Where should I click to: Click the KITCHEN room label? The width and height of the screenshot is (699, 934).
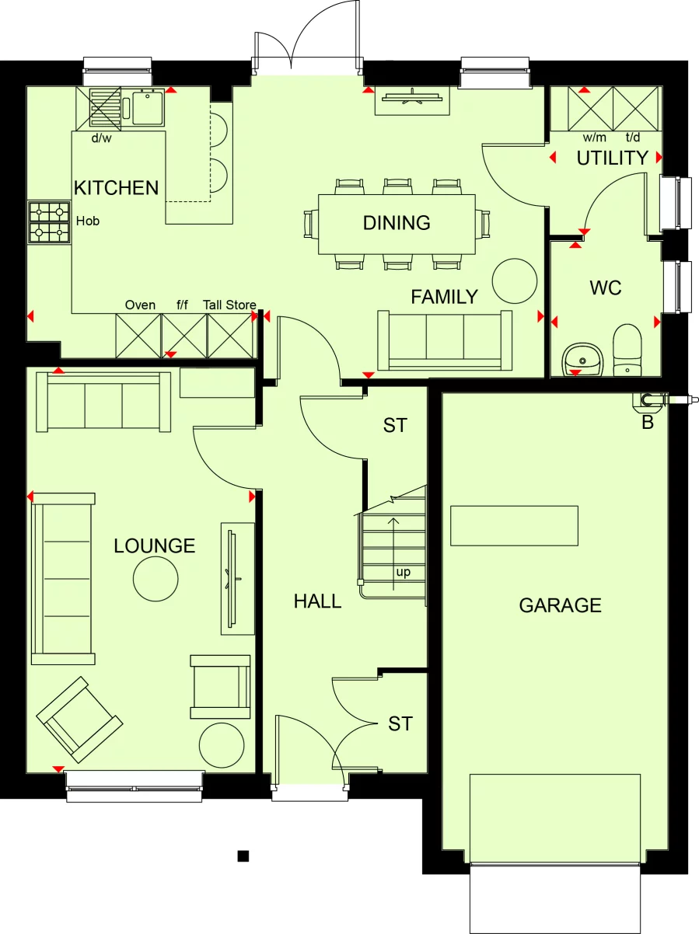[116, 187]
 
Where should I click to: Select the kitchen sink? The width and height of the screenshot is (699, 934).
[147, 108]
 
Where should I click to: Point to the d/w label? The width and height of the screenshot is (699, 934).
[102, 139]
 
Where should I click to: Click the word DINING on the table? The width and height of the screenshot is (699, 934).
[397, 223]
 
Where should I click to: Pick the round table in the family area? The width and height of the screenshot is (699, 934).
[515, 281]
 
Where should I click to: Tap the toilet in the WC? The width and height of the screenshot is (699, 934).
[627, 350]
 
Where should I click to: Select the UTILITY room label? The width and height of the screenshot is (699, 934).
[612, 158]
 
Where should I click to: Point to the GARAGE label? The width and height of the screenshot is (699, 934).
[560, 605]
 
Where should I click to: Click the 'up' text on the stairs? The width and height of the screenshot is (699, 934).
[404, 573]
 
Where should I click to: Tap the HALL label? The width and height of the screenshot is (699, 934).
[317, 601]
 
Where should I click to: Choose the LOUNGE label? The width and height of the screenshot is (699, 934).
[154, 546]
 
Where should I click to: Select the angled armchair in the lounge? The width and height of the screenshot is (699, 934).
[79, 719]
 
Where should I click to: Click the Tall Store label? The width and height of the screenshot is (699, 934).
[229, 305]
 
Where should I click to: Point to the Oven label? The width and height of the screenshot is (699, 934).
[140, 305]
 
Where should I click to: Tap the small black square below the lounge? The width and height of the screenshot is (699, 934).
[243, 856]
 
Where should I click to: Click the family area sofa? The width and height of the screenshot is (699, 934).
[445, 340]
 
